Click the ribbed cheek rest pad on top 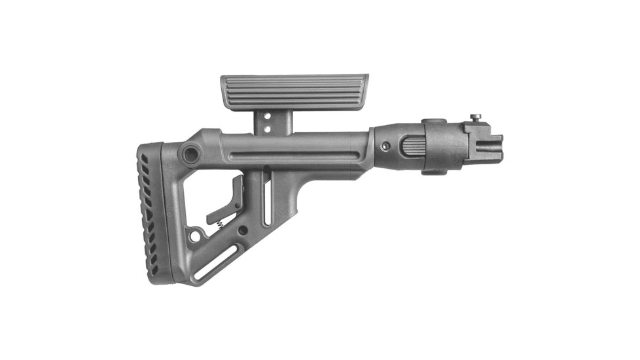pos(294,92)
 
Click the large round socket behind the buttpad pos(190,155)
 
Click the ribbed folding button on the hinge pos(411,144)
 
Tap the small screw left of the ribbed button pos(387,146)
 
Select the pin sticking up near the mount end pos(476,118)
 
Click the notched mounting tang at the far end pos(489,144)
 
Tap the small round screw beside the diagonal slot pos(243,230)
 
